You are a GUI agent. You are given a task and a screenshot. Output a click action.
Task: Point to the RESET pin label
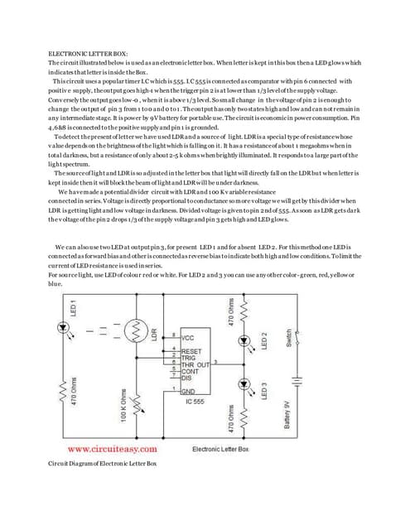[193, 350]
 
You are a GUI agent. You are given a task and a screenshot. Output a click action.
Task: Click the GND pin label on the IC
[190, 390]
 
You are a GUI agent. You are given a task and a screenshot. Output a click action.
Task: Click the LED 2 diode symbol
[243, 340]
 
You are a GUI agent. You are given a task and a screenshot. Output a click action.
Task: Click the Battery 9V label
[288, 412]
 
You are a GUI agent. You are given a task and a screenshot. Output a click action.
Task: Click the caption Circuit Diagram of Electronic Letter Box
[103, 486]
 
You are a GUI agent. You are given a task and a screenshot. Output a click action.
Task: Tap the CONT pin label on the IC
[191, 370]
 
